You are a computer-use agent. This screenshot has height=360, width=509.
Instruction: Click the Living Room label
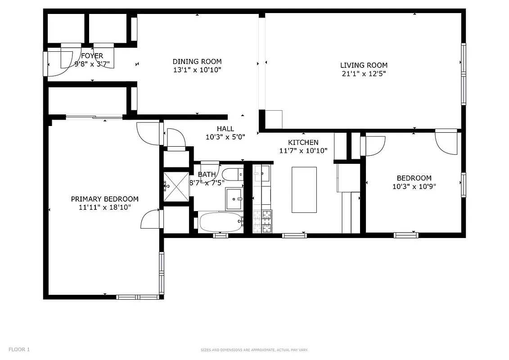364,65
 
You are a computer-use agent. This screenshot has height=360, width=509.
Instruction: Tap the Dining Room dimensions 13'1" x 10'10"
197,70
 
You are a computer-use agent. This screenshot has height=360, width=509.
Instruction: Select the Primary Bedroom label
104,199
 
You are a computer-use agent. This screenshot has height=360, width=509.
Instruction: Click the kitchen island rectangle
304,189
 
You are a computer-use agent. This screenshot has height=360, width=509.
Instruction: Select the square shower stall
176,185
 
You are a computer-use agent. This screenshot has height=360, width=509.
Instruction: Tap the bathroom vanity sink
234,198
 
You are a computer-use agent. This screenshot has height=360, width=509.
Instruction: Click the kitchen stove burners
262,221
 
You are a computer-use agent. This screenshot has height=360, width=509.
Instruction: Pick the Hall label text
225,129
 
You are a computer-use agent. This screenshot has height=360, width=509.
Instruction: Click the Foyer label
92,56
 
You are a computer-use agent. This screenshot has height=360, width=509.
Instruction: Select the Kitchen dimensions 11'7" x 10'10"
303,151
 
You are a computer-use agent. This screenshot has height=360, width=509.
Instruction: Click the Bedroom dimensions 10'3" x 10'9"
414,186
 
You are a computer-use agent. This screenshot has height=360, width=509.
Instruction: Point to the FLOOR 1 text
19,349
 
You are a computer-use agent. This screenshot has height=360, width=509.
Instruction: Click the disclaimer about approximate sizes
254,350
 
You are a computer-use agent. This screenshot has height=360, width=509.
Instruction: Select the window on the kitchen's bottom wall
294,235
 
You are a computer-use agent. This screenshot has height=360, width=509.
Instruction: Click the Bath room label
207,175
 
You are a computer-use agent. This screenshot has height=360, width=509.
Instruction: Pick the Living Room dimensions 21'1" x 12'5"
364,73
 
